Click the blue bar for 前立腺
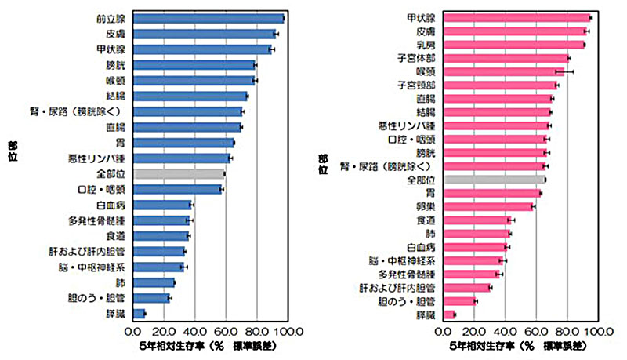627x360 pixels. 208,18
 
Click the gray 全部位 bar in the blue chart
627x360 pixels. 179,173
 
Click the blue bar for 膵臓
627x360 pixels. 139,313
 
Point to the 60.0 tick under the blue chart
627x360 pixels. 226,330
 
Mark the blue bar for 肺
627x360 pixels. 154,282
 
